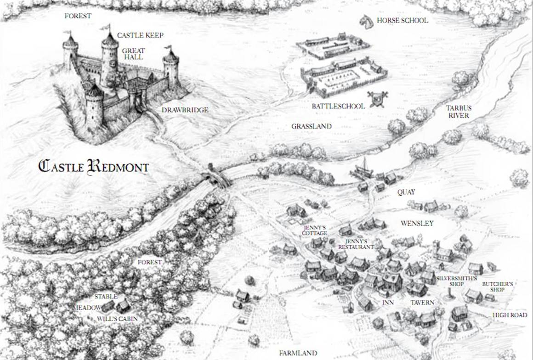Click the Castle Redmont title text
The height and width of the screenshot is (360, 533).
(93, 166)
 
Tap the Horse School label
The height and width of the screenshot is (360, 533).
(402, 20)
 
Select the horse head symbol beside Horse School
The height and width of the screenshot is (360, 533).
(366, 20)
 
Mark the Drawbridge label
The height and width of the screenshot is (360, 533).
(185, 110)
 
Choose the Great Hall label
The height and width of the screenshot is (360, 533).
(133, 54)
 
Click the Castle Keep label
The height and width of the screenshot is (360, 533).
(140, 35)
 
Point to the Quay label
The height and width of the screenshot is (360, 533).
(406, 193)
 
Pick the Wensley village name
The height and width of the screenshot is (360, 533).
(417, 224)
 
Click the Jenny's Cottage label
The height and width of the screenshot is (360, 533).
(315, 231)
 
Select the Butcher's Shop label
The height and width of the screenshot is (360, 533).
(497, 287)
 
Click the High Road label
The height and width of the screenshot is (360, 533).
(510, 315)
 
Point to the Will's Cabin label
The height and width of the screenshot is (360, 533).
(117, 318)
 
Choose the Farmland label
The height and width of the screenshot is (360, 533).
(298, 353)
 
